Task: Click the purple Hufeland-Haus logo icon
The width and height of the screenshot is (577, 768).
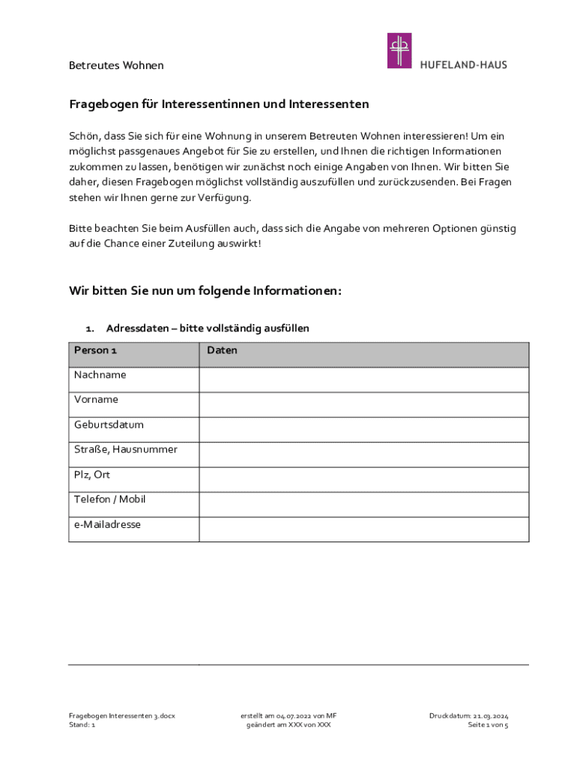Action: click(x=399, y=51)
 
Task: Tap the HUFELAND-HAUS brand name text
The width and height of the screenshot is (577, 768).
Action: click(x=463, y=65)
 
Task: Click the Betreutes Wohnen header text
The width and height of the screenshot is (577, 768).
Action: click(x=116, y=65)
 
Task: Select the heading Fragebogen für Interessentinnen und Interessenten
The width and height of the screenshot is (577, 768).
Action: click(x=219, y=104)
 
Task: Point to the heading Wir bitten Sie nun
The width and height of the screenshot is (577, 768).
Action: click(x=205, y=290)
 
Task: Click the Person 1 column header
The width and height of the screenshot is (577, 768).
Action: click(x=95, y=350)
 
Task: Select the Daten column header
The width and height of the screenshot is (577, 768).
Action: click(x=222, y=350)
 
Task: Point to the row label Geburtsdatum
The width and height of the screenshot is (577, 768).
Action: click(x=109, y=424)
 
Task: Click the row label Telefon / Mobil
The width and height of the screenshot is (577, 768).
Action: click(x=109, y=499)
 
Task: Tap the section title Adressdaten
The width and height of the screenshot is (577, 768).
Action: click(x=208, y=328)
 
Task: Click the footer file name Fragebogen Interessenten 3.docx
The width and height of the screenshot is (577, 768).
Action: click(x=122, y=715)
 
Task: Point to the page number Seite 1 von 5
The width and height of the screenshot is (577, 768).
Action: click(x=488, y=725)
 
